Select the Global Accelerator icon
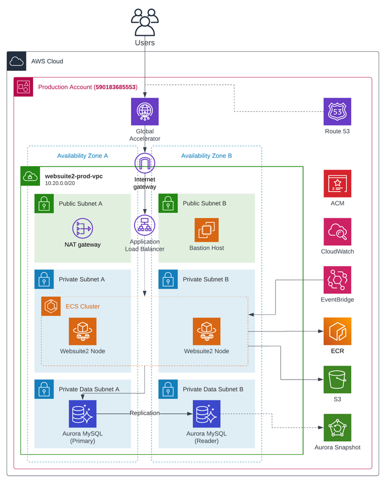pos(144,112)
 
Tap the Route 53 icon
pos(337,112)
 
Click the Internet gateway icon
pos(144,163)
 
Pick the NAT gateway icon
pos(83,227)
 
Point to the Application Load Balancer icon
pos(144,225)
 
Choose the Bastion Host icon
pos(206,230)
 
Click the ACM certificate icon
pos(337,184)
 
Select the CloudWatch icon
pos(337,232)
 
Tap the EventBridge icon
pos(337,280)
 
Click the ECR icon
pos(337,332)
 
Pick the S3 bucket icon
pos(337,380)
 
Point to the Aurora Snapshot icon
pos(337,428)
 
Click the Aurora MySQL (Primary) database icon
pos(82,414)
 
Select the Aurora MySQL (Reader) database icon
pos(206,414)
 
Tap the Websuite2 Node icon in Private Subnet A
pos(82,332)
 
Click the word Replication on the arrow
pos(144,413)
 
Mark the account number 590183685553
pos(116,87)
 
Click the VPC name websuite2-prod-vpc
pos(73,176)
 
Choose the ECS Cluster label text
pos(83,306)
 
